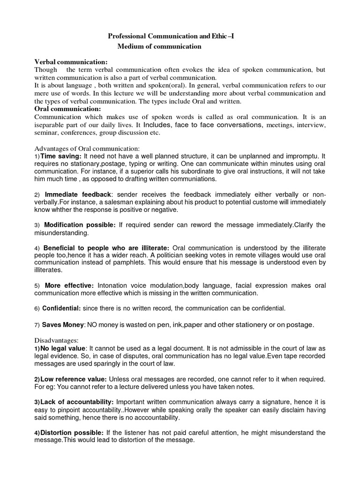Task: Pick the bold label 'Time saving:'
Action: [x=61, y=156]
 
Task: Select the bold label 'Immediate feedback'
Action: [x=78, y=194]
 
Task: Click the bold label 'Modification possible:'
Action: [x=80, y=225]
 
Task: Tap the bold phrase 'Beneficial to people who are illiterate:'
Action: [x=107, y=247]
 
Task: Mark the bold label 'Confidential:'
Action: [x=62, y=308]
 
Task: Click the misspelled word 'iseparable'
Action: [x=51, y=125]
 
